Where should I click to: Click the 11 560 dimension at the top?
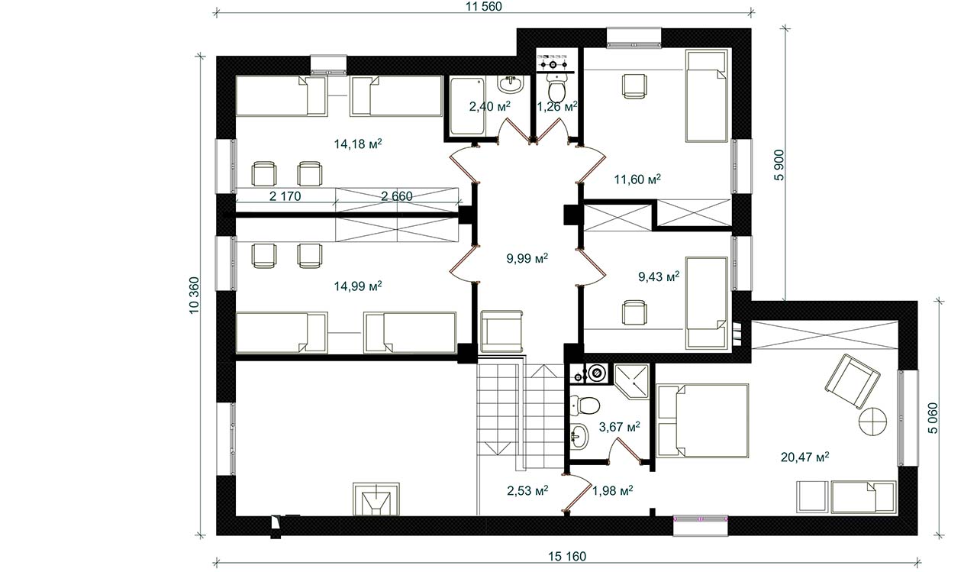pos(484,7)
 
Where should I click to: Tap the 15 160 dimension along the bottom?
pos(567,556)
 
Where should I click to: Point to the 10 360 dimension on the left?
pos(194,296)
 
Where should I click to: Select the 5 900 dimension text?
pos(779,165)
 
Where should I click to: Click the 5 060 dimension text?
pos(932,418)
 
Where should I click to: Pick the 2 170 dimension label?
pos(285,196)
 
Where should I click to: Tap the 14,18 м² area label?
pos(358,144)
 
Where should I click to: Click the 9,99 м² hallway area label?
pos(527,258)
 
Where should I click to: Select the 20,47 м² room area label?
pos(804,457)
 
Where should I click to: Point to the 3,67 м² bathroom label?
pos(619,427)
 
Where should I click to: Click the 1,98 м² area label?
pos(613,491)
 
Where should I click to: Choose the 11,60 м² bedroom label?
pos(637,179)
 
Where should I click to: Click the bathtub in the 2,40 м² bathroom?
pos(467,106)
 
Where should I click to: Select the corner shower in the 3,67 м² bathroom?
pos(631,381)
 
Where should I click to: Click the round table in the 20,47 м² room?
pos(872,422)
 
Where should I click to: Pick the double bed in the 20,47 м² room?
pos(702,421)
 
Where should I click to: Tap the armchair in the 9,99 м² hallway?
pos(501,331)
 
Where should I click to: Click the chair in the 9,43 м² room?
pos(634,312)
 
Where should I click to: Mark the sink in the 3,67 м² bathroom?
pos(579,436)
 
